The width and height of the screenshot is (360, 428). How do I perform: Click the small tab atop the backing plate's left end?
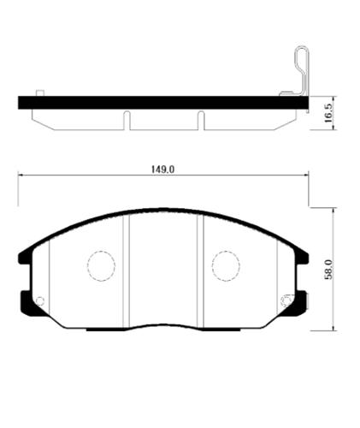coord(39,92)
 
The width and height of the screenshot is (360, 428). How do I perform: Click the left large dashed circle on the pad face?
coord(101,265)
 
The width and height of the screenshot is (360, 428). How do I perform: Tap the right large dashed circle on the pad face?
coord(226,265)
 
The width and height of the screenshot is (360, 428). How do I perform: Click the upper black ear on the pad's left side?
coord(23,253)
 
